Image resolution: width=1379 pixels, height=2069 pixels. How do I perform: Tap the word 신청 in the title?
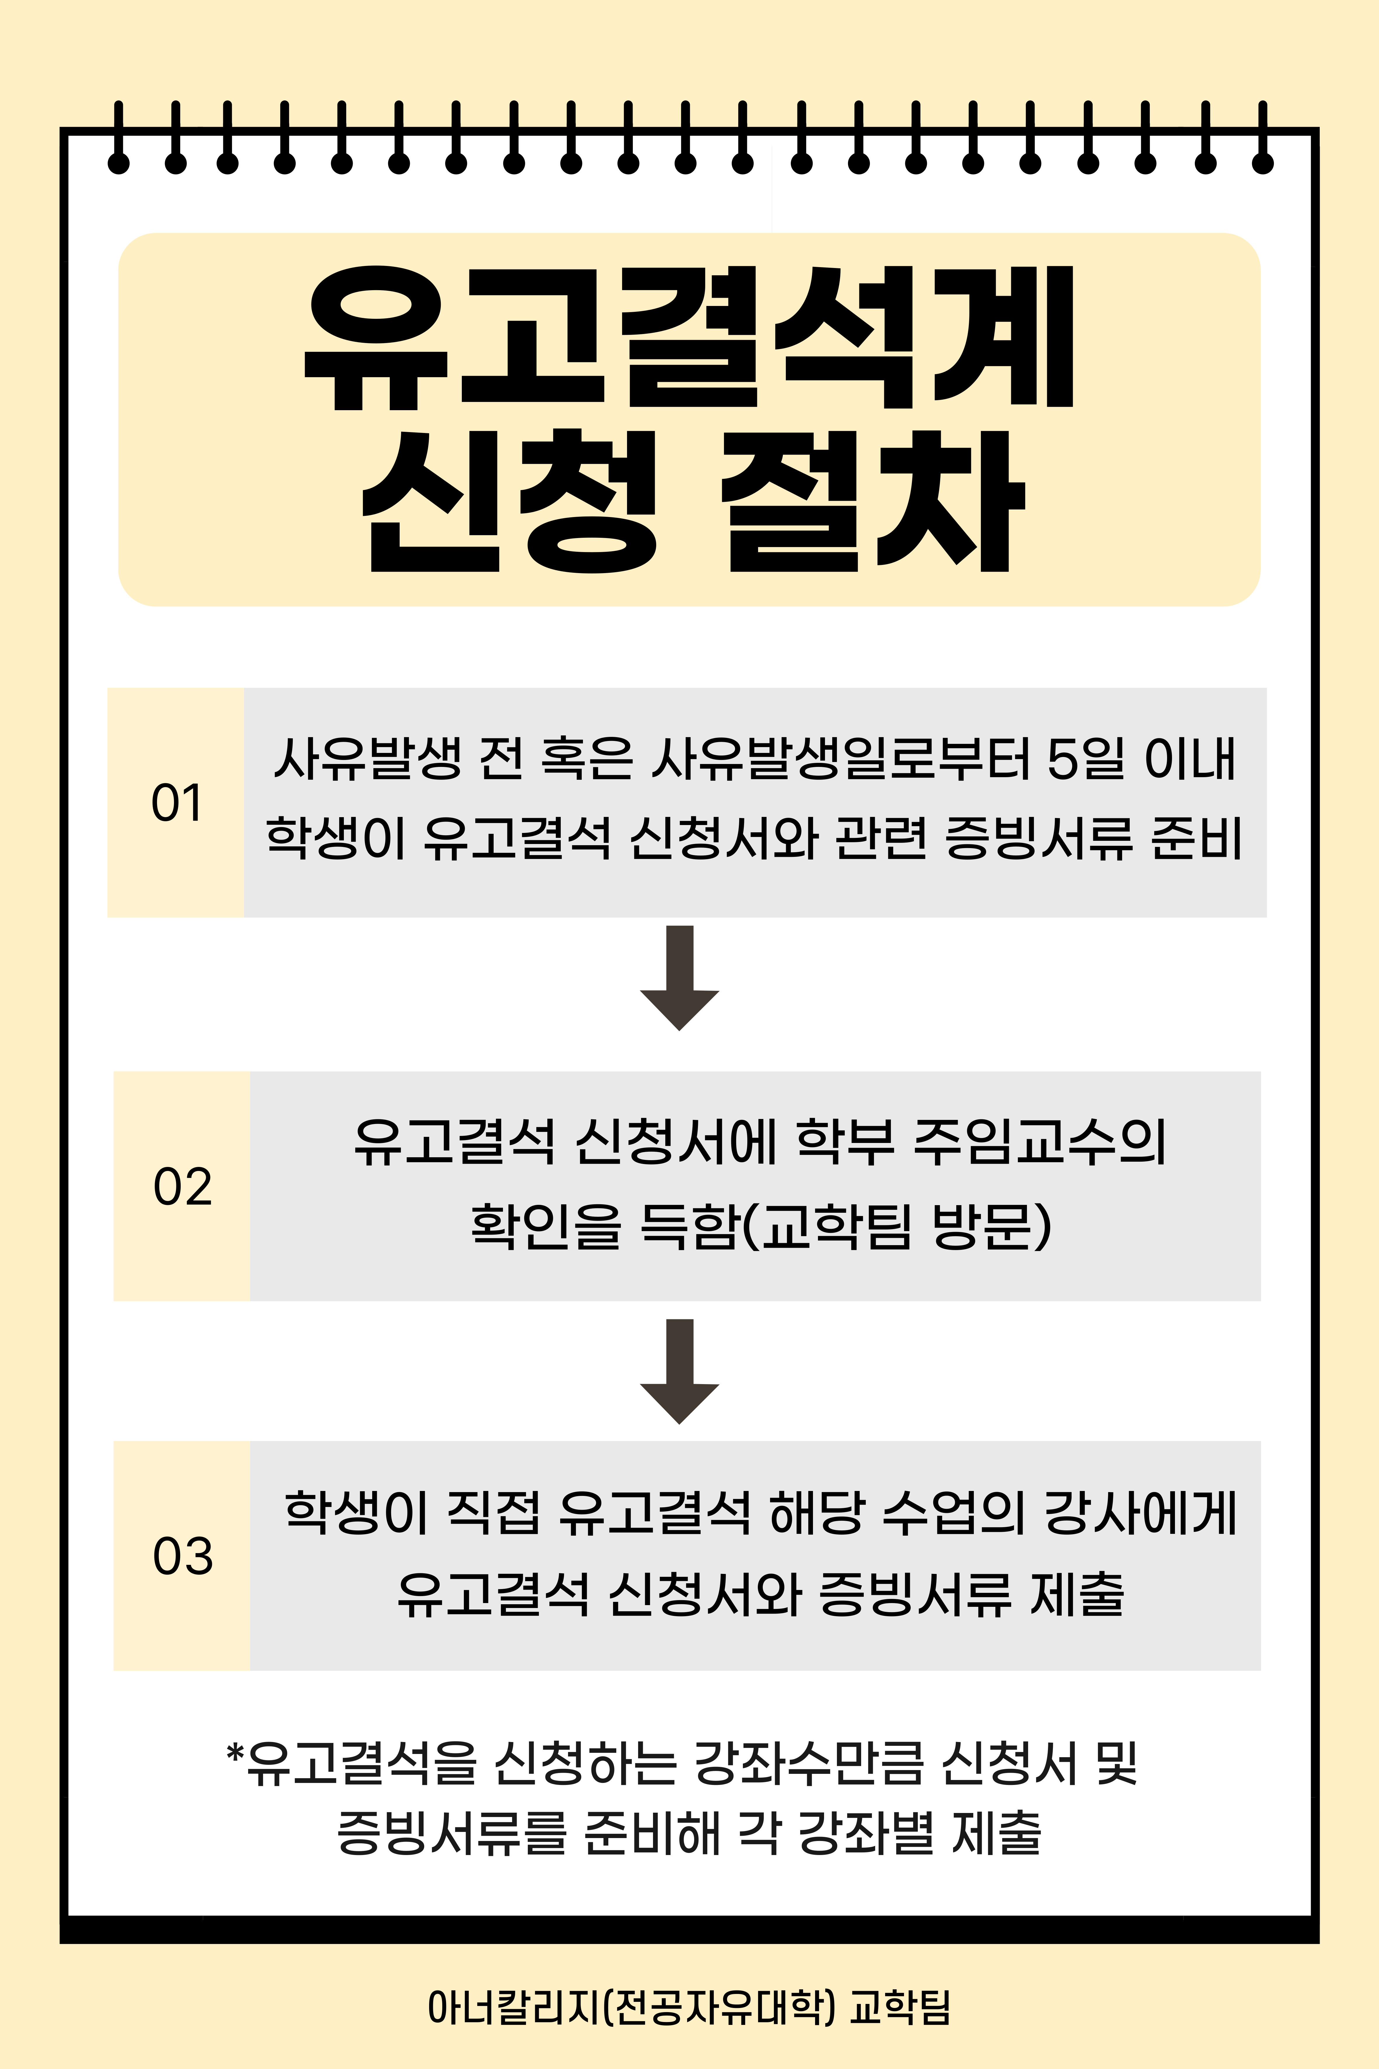[x=510, y=501]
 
